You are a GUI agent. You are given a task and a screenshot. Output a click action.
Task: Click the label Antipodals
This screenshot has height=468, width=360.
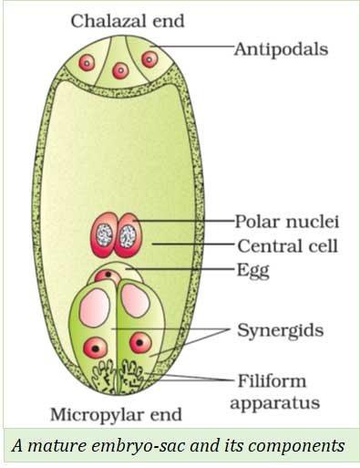tap(281, 49)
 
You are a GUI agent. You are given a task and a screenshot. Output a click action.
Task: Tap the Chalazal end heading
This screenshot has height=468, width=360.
tap(128, 21)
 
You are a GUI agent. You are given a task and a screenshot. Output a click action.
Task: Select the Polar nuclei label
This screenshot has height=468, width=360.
tap(287, 222)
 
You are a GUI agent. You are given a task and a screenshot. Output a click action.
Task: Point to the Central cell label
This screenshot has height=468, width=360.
tap(287, 246)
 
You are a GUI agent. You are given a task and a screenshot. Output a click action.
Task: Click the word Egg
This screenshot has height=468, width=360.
tap(253, 271)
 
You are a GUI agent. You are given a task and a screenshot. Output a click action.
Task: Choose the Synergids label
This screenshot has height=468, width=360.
tap(281, 330)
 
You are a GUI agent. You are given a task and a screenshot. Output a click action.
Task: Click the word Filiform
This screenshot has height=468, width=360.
tap(272, 380)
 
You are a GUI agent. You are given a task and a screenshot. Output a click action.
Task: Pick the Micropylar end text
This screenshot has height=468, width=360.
tap(116, 415)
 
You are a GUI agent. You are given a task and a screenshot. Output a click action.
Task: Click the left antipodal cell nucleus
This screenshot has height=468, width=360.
tap(87, 63)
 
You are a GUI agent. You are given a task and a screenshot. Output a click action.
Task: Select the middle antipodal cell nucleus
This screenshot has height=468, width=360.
tap(120, 70)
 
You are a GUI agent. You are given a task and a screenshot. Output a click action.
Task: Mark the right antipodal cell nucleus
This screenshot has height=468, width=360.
tap(149, 59)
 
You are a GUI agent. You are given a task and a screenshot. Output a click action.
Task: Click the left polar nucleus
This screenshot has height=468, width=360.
tap(103, 234)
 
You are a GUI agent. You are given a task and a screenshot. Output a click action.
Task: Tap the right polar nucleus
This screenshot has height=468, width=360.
tap(129, 235)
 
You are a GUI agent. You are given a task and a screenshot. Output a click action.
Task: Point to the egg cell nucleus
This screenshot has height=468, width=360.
tap(108, 276)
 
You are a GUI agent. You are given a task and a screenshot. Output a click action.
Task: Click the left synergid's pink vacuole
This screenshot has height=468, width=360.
tap(95, 308)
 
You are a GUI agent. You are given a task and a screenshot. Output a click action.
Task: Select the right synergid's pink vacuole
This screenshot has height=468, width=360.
tap(136, 301)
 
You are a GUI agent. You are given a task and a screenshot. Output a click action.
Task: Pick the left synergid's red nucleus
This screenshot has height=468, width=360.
tap(96, 348)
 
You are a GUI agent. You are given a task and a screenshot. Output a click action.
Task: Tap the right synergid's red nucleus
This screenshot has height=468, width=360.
tap(140, 343)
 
